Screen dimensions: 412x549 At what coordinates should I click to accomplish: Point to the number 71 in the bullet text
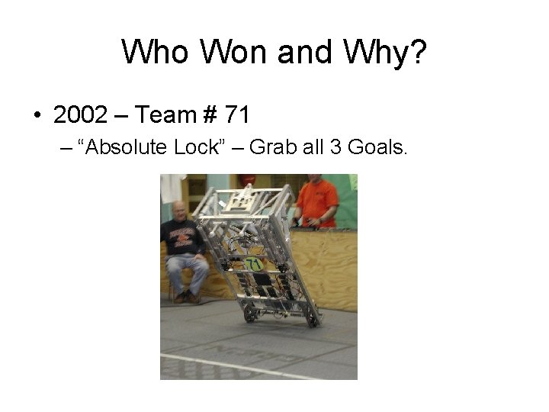(x=237, y=115)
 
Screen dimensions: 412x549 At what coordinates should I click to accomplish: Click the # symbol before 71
(x=210, y=115)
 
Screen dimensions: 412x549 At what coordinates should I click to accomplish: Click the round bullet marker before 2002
(x=37, y=116)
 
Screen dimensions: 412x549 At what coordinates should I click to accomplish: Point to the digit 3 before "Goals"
(x=335, y=147)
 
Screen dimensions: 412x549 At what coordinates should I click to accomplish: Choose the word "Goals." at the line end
(x=377, y=147)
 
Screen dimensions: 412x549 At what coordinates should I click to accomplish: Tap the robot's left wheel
(x=249, y=315)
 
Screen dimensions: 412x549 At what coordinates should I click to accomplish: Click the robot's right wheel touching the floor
(x=312, y=321)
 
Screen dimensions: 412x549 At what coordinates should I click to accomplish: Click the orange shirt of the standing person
(x=317, y=200)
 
